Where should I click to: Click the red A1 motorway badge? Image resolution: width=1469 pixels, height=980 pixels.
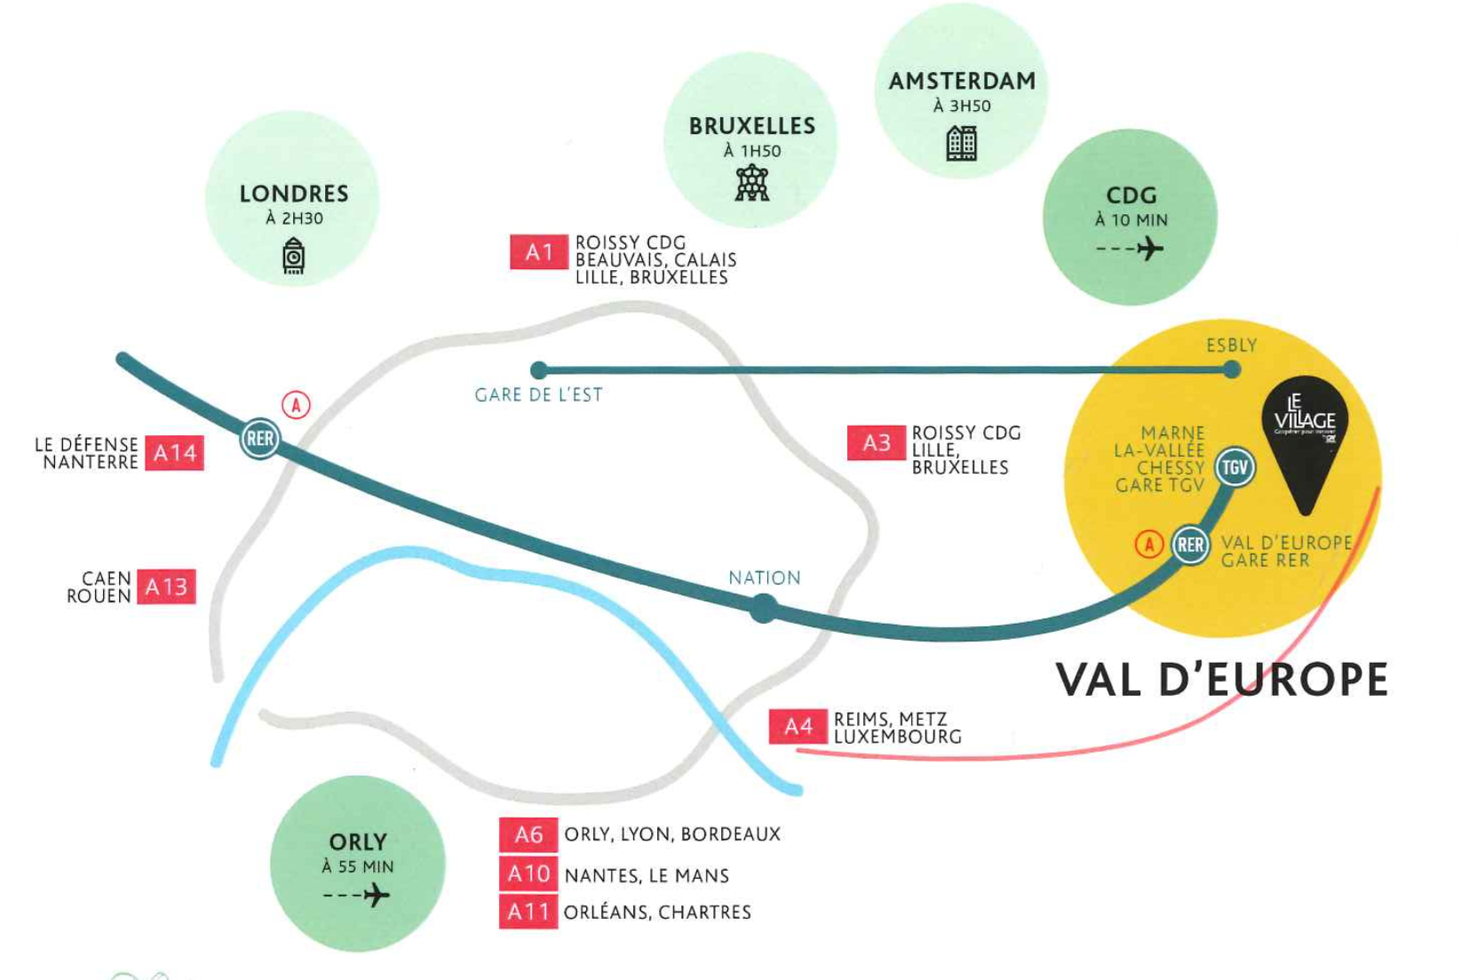[538, 252]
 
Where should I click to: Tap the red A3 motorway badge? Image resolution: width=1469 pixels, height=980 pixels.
[876, 442]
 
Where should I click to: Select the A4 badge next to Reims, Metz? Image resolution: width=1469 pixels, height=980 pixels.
[798, 727]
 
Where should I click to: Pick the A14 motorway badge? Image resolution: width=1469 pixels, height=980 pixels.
[174, 453]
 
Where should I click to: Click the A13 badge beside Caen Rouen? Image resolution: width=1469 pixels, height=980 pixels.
[166, 586]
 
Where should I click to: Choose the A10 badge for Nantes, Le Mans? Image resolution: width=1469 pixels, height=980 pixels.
[528, 874]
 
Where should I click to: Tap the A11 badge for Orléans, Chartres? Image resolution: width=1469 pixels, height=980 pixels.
[528, 912]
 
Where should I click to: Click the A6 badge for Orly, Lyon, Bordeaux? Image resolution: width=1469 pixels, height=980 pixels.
[528, 835]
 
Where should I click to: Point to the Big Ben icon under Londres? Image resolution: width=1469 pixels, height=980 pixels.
[294, 258]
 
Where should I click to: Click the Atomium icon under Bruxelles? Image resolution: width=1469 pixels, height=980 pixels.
[752, 183]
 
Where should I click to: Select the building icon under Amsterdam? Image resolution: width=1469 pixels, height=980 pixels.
[962, 142]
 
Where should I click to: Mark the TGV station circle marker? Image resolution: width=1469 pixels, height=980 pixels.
[1235, 467]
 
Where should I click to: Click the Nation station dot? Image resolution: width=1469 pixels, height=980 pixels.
[763, 610]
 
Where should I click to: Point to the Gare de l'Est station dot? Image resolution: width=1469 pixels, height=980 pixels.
[539, 370]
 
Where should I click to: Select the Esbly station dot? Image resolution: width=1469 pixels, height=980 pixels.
[1231, 370]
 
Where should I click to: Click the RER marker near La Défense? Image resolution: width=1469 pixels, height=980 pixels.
[260, 439]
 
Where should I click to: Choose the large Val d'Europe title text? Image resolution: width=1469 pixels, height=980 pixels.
[1221, 681]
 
